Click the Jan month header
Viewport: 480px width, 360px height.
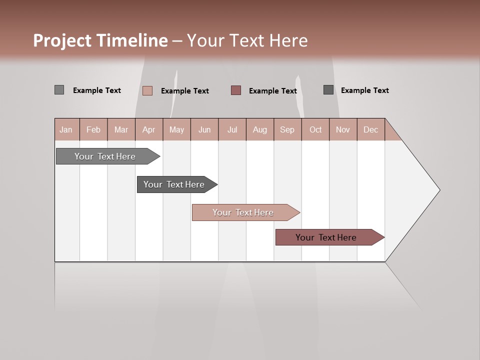click(66, 129)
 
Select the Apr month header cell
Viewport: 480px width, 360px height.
click(148, 129)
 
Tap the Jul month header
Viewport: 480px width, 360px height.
click(232, 129)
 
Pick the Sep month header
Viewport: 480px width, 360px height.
click(287, 129)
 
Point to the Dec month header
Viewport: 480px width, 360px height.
click(370, 129)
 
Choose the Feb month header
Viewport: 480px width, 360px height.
click(93, 129)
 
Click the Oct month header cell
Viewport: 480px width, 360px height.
click(315, 129)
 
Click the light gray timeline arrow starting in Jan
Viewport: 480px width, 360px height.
click(105, 156)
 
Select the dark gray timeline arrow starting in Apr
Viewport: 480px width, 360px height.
click(174, 184)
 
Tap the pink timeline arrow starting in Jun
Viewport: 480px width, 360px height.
click(243, 212)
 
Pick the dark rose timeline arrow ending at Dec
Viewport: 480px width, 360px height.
click(326, 237)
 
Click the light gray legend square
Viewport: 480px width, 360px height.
click(59, 90)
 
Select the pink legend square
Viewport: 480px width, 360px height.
click(147, 90)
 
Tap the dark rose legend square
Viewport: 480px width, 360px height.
click(236, 90)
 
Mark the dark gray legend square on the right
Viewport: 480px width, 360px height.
click(328, 89)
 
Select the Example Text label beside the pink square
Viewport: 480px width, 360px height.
click(184, 91)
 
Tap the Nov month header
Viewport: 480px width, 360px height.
click(343, 129)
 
